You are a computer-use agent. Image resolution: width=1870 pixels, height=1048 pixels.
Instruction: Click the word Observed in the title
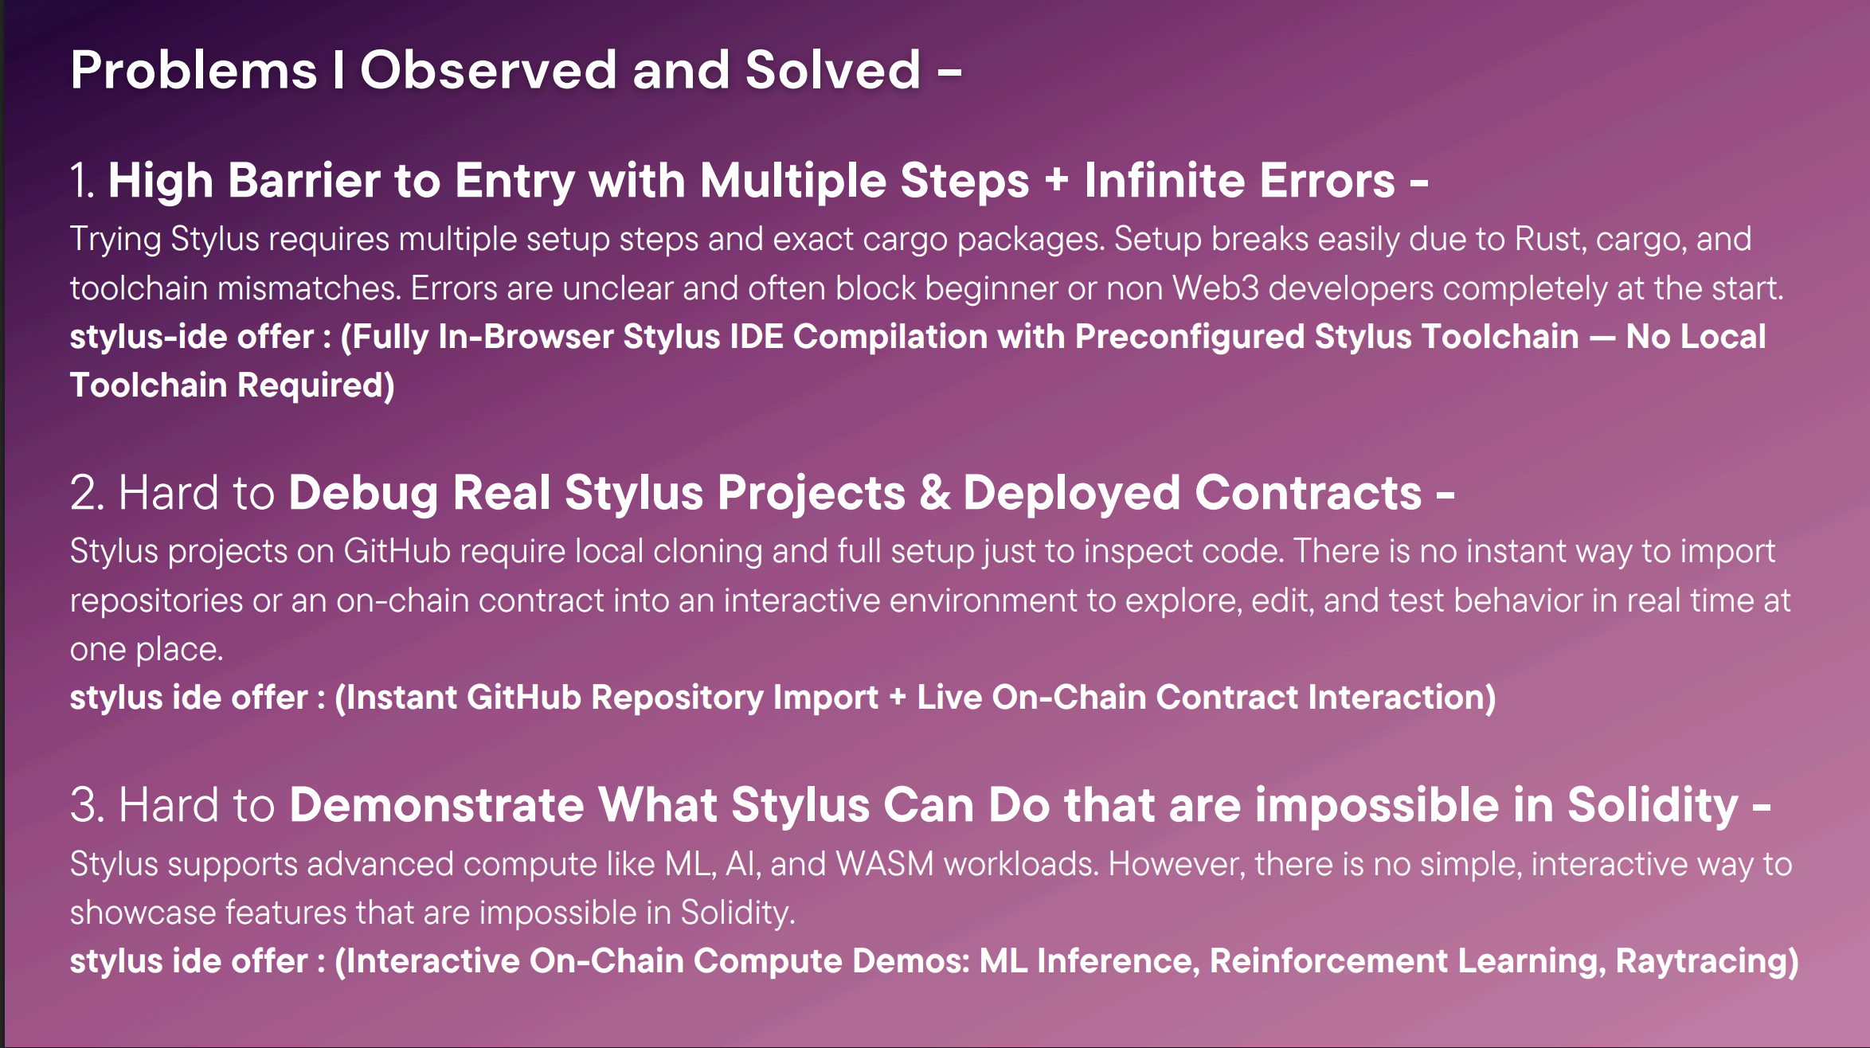pyautogui.click(x=488, y=69)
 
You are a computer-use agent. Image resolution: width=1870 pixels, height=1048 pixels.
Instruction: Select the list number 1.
pyautogui.click(x=82, y=180)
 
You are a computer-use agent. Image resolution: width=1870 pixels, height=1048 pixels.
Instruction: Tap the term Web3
pyautogui.click(x=1215, y=288)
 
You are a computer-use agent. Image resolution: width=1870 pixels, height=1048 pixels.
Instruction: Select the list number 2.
pyautogui.click(x=88, y=492)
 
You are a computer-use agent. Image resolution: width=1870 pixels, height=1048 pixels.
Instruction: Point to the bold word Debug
pyautogui.click(x=363, y=492)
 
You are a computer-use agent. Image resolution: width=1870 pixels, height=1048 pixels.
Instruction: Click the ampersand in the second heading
pyautogui.click(x=935, y=492)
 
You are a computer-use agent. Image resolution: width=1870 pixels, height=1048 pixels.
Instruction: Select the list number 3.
pyautogui.click(x=88, y=804)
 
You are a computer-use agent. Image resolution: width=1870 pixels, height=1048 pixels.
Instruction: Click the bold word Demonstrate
pyautogui.click(x=436, y=804)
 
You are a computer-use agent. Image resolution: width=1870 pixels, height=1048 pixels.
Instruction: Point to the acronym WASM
pyautogui.click(x=885, y=864)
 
